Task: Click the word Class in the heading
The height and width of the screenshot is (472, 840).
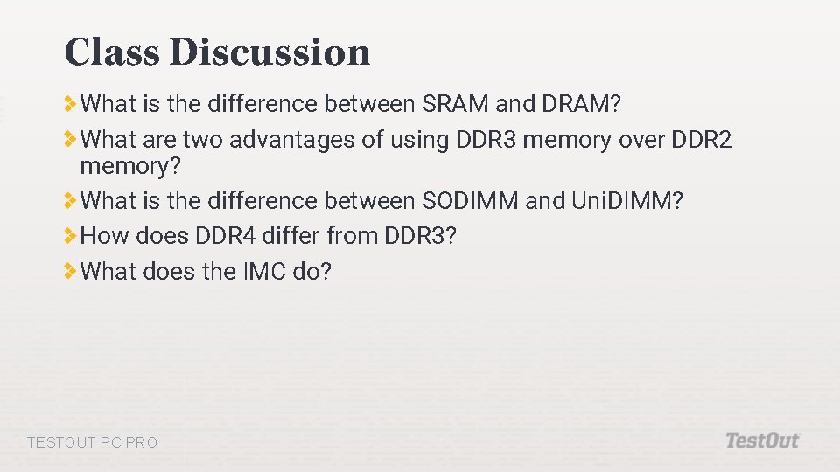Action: pos(112,52)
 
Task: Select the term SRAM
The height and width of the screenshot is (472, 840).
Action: pos(455,104)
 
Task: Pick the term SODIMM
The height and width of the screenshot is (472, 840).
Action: pos(470,201)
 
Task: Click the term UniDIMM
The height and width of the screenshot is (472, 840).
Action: pos(627,201)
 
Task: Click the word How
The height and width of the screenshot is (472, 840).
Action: pos(104,236)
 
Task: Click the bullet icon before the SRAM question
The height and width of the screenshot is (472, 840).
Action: pos(70,104)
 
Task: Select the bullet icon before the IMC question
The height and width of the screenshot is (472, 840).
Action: pos(70,272)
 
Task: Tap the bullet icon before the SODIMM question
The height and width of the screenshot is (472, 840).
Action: pos(70,201)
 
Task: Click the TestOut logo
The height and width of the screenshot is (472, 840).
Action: pos(762,441)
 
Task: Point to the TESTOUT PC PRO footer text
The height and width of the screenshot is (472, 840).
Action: pos(93,442)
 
